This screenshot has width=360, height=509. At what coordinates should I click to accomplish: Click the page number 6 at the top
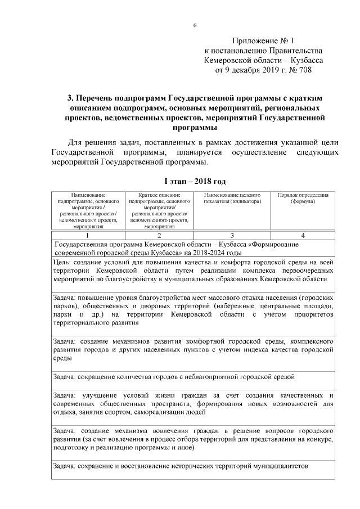click(195, 25)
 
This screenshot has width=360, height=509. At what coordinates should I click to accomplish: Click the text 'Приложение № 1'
click(263, 40)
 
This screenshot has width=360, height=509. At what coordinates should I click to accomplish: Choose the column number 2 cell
click(160, 236)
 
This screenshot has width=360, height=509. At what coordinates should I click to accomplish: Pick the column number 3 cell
click(232, 236)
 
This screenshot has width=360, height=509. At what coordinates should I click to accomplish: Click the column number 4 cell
click(303, 236)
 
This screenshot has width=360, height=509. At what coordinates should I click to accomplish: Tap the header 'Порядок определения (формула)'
click(303, 198)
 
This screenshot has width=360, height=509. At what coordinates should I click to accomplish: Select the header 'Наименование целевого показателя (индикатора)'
click(232, 198)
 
